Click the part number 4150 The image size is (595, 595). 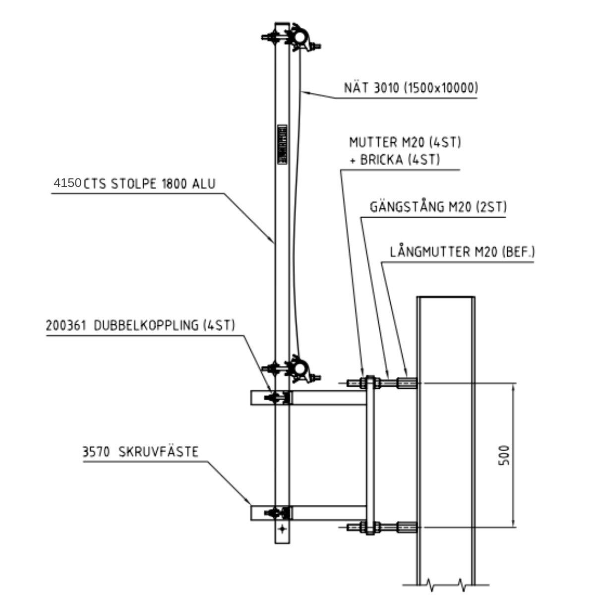point(67,183)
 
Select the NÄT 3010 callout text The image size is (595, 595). point(411,88)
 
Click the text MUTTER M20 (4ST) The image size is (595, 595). point(405,142)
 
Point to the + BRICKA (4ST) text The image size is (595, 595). point(395,160)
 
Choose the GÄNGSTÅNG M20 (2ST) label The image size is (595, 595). point(438,207)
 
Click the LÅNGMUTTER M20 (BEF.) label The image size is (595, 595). point(462,252)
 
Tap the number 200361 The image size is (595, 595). point(66,325)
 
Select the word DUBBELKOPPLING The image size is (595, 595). point(146,325)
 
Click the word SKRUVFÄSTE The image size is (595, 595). point(158,452)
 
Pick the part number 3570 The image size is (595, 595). point(96,452)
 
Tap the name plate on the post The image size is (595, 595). point(282,144)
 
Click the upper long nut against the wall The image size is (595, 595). point(407,383)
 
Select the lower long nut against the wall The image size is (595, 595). point(407,527)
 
